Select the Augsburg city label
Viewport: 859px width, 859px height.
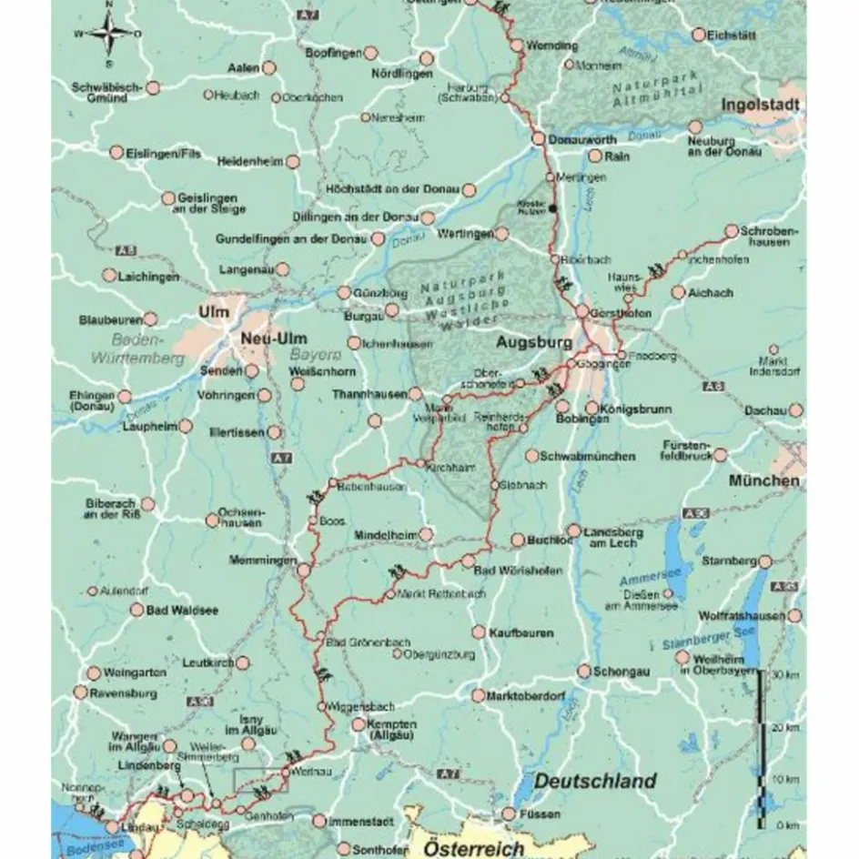tap(532, 344)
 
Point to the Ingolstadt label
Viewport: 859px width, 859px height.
tap(760, 106)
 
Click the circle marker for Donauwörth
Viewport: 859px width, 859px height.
tap(537, 139)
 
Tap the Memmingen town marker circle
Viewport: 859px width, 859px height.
tap(304, 571)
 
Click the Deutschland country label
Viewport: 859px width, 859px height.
tap(594, 781)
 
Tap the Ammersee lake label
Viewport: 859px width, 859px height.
tap(643, 579)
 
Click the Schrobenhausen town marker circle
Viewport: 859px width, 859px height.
tap(731, 231)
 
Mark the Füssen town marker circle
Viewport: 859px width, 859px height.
tap(510, 814)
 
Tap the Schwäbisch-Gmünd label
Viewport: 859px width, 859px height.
tap(107, 93)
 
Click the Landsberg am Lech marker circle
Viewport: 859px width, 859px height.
tap(574, 531)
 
